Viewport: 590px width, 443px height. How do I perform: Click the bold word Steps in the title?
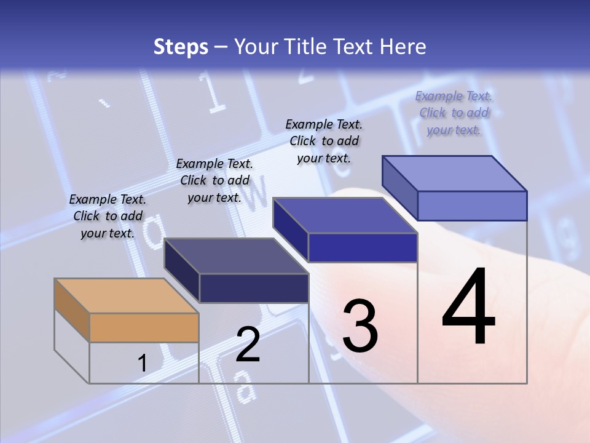pos(181,47)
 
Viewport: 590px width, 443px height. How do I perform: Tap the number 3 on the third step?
pos(360,326)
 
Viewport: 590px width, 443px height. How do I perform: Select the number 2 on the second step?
pos(248,345)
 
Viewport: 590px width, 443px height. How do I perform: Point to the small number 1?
pos(142,364)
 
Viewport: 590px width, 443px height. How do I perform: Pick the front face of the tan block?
pos(144,327)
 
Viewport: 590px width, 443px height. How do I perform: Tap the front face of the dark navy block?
pos(254,288)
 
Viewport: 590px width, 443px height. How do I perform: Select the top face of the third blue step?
pos(345,215)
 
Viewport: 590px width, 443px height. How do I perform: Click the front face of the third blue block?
pos(363,247)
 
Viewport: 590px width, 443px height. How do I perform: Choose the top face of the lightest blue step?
pos(454,173)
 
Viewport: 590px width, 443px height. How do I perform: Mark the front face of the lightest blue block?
pos(472,206)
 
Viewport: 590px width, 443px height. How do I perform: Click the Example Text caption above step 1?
pos(108,216)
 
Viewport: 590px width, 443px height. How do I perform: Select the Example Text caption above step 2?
pos(214,180)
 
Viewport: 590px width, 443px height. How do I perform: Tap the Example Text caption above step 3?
pos(324,141)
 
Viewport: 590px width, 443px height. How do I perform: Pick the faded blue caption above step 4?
pos(454,113)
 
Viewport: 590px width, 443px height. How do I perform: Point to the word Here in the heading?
pos(403,47)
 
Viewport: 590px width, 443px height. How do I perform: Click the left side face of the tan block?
pos(72,309)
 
